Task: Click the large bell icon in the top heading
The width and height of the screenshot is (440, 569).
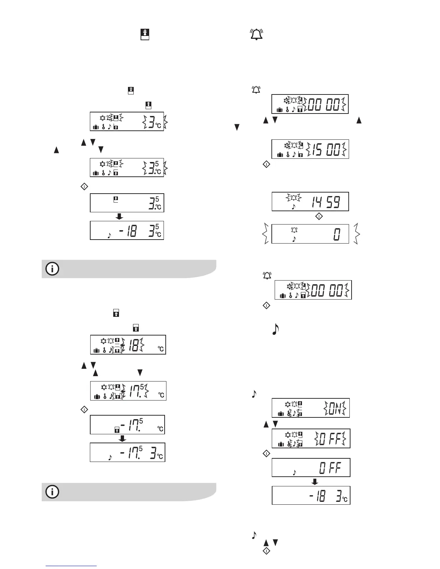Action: (x=256, y=34)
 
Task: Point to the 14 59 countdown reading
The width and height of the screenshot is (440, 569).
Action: (x=326, y=202)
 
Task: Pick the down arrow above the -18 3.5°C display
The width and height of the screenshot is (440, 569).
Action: (x=120, y=216)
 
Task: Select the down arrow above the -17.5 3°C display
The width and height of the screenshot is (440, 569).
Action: (x=122, y=438)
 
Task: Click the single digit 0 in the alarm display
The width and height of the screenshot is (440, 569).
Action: (x=336, y=235)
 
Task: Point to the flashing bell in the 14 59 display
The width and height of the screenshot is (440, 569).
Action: (x=294, y=197)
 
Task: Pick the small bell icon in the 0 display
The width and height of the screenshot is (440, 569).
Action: (x=294, y=230)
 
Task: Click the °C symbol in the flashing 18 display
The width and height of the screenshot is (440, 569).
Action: (x=161, y=349)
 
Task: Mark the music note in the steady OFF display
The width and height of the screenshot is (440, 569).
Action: (x=294, y=472)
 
